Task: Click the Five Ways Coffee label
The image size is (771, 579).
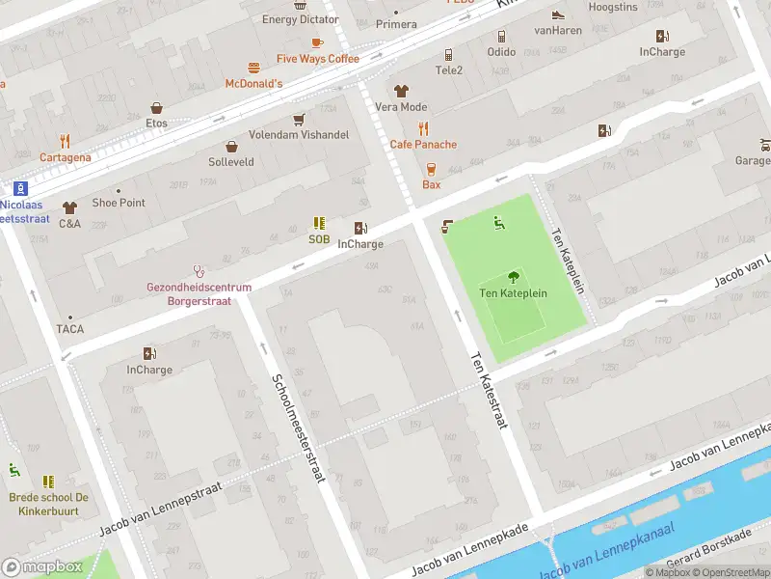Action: pyautogui.click(x=317, y=59)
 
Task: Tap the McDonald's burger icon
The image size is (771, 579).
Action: pyautogui.click(x=254, y=68)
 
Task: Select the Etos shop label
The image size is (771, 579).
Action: pyautogui.click(x=156, y=123)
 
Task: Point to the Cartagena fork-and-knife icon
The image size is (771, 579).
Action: pyautogui.click(x=65, y=141)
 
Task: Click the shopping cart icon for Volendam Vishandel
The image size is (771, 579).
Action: pyautogui.click(x=299, y=119)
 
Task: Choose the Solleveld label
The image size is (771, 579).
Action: pyautogui.click(x=231, y=161)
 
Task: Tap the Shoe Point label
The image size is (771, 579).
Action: pyautogui.click(x=119, y=203)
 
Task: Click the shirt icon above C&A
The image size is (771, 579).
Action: pyautogui.click(x=69, y=207)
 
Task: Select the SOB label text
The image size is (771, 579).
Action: pyautogui.click(x=319, y=239)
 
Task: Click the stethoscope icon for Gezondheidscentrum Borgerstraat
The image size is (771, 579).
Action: pyautogui.click(x=199, y=271)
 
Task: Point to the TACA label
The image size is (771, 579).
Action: pyautogui.click(x=69, y=329)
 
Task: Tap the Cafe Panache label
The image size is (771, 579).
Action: pyautogui.click(x=423, y=145)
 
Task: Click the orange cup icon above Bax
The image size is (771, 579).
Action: pyautogui.click(x=431, y=168)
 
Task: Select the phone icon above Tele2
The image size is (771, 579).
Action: pyautogui.click(x=448, y=55)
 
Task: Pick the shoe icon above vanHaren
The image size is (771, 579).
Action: pyautogui.click(x=557, y=14)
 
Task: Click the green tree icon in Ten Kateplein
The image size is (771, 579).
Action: pyautogui.click(x=513, y=276)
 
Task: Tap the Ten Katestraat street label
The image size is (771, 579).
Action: pyautogui.click(x=489, y=392)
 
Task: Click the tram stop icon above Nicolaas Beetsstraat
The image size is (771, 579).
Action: pyautogui.click(x=21, y=188)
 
